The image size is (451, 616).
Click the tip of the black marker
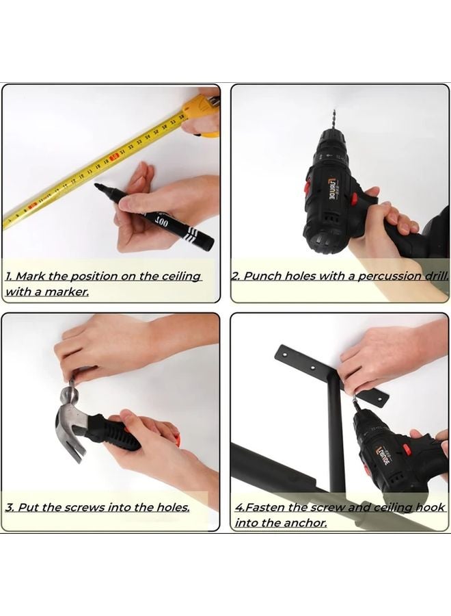coord(98,185)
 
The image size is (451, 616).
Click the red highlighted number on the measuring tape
coord(115,157)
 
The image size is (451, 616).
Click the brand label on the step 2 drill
coord(331,188)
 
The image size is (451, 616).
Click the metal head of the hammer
coord(68,400)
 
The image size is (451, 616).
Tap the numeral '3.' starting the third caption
coord(10,507)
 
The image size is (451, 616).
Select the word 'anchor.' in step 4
coord(306,523)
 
